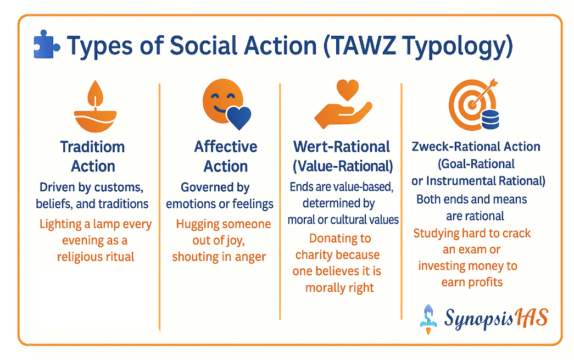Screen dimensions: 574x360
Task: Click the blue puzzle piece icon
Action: (47, 45)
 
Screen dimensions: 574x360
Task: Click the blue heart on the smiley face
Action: (239, 117)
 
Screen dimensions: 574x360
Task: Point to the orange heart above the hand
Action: (347, 90)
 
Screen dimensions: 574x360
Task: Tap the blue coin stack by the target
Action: (490, 119)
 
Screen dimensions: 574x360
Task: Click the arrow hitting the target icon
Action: (484, 92)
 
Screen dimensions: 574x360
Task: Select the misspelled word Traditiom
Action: (93, 147)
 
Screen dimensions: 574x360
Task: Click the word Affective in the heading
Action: (226, 147)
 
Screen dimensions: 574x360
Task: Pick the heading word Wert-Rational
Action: (341, 147)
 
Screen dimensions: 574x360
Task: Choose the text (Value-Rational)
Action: (343, 167)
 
